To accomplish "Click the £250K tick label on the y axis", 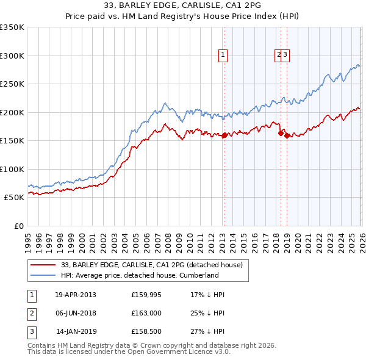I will pos(12,84).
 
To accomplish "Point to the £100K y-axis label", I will pos(12,170).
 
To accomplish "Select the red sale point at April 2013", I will pos(224,135).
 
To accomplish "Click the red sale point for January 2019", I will pos(286,136).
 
